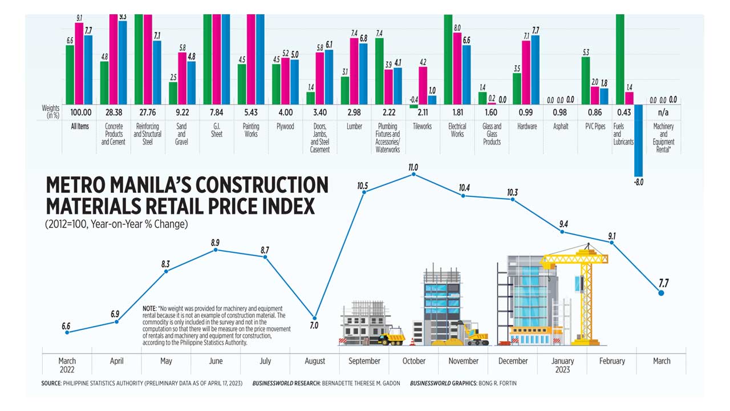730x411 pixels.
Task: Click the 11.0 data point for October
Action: click(x=413, y=175)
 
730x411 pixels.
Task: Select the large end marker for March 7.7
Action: click(x=661, y=293)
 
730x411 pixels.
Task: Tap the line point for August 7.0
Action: click(x=314, y=317)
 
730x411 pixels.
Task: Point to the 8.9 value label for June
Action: click(x=215, y=242)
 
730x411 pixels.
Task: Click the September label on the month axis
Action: click(x=364, y=361)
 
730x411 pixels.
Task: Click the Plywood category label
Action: click(x=285, y=127)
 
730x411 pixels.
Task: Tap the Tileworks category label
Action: click(x=423, y=127)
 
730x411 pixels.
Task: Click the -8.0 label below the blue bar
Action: click(x=638, y=183)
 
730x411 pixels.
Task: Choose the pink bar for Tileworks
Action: click(x=423, y=86)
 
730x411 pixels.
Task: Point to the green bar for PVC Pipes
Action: click(x=586, y=80)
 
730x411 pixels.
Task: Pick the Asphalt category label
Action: click(x=561, y=127)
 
